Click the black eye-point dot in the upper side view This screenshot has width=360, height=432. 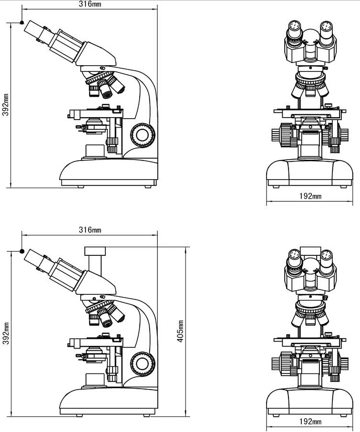click(22, 22)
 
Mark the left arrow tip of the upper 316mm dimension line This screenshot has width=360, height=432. click(22, 10)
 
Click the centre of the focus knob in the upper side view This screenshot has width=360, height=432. click(143, 135)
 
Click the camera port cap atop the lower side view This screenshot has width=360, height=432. click(95, 251)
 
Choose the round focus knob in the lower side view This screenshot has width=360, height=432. click(143, 364)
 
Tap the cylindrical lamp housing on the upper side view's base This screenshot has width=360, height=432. click(95, 151)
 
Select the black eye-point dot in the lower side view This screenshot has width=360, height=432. click(22, 251)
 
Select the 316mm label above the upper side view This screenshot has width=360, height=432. click(90, 4)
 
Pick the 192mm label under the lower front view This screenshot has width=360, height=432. click(310, 421)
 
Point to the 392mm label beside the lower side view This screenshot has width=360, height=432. click(6, 333)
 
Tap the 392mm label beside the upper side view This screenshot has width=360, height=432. click(6, 105)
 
